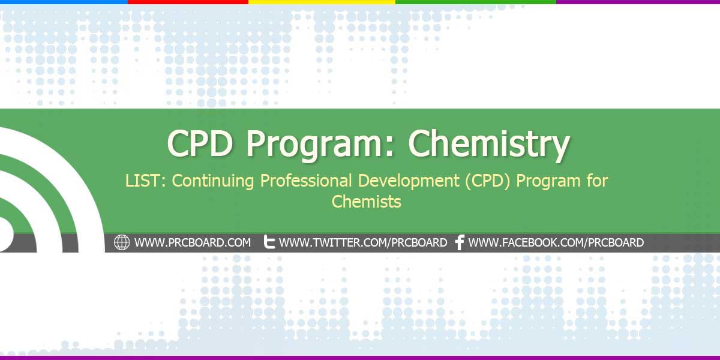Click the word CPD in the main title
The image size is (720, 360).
point(200,143)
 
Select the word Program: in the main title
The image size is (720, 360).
point(320,145)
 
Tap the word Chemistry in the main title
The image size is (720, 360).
point(489,145)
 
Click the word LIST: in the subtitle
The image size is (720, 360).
point(145,181)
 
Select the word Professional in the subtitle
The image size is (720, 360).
point(305,181)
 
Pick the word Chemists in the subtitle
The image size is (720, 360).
point(367,202)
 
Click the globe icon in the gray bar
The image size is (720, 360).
point(122,242)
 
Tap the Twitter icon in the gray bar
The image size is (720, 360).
point(269,242)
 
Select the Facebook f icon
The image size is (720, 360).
point(460,242)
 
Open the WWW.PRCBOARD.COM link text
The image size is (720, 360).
point(193,242)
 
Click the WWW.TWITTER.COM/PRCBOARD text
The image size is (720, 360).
point(363,242)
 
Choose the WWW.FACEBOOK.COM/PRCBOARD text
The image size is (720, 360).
point(556,242)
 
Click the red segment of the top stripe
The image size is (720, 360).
point(188,2)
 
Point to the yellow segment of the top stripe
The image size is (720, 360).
point(322,2)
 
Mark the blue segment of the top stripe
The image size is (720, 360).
point(64,2)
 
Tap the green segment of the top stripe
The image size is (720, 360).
point(476,2)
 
